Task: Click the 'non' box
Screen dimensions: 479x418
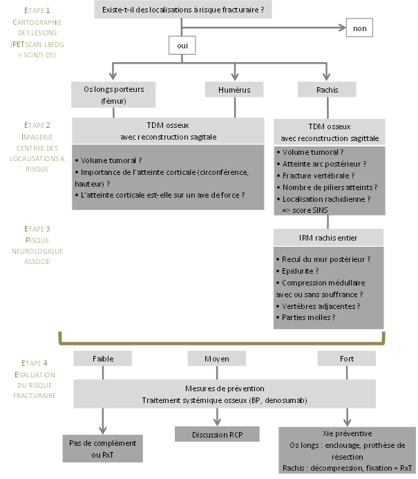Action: click(359, 28)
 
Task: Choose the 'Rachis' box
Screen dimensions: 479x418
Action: click(327, 89)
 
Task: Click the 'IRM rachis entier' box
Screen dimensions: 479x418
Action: click(327, 238)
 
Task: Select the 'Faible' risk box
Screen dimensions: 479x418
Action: click(103, 358)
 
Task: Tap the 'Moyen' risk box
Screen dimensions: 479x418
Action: click(217, 358)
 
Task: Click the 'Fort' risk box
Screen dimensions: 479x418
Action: click(345, 358)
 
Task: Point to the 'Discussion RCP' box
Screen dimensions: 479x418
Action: click(217, 434)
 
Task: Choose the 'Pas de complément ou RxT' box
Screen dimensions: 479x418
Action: click(103, 449)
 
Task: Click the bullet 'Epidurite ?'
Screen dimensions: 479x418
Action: click(298, 271)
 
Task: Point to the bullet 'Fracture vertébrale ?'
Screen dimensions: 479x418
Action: click(312, 176)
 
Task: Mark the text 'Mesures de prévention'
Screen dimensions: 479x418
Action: click(225, 388)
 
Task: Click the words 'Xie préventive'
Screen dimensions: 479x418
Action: click(346, 433)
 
